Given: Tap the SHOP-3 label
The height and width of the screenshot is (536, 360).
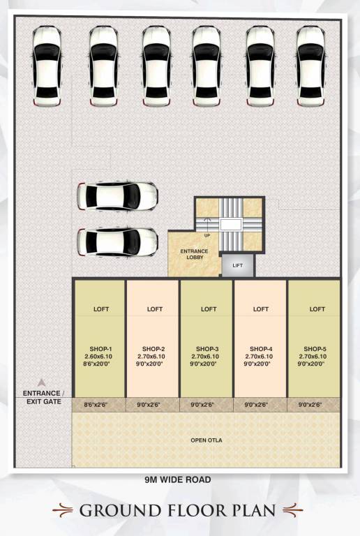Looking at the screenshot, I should pos(207,348).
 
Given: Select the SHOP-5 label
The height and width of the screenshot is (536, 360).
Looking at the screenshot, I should pos(315,348).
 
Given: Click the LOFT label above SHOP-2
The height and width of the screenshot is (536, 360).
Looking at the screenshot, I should pos(154,309).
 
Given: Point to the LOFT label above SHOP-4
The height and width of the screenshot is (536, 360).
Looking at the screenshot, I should pos(261,309).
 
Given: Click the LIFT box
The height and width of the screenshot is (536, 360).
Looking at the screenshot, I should pos(238,265).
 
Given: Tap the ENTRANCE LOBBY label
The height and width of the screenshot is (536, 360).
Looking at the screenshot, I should pos(194,254).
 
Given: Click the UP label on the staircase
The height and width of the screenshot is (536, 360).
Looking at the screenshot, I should pos(207,235).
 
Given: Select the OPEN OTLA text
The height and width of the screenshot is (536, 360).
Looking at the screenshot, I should pos(207,440).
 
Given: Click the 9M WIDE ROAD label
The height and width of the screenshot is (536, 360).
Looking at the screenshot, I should pos(178,479).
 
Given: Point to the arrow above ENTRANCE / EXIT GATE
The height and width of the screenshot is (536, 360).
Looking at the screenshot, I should pos(41,382).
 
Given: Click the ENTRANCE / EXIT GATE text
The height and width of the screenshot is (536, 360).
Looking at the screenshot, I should pos(42,397).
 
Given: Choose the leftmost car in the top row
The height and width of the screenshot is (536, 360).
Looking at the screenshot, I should pos(46,66).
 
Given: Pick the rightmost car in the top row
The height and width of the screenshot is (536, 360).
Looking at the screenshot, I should pos(310,66).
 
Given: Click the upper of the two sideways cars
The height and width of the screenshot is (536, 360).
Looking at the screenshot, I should pos(117,196).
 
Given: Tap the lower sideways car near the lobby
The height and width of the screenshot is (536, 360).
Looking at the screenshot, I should pos(117,241).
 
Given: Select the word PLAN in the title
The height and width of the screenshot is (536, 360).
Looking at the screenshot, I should pos(256,510).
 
